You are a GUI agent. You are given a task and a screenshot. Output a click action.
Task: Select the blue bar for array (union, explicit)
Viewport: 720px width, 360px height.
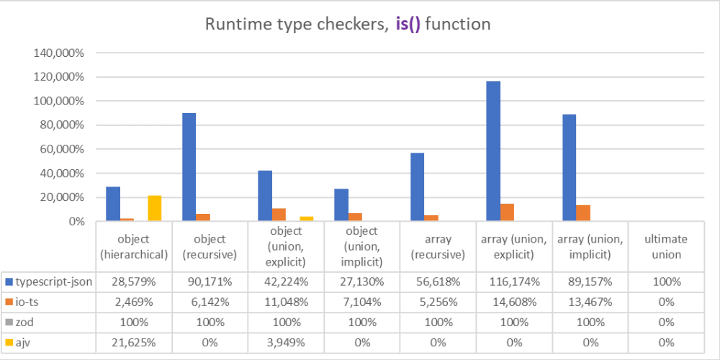click(x=493, y=151)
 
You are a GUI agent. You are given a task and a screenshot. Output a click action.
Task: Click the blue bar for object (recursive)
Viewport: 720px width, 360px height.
click(x=189, y=167)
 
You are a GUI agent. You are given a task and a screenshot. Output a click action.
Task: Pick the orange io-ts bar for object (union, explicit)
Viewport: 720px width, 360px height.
click(x=279, y=215)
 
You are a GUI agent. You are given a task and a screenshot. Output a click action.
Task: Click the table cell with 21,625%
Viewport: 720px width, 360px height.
click(x=134, y=342)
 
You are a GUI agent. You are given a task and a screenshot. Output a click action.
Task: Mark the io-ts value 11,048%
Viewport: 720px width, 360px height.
click(x=286, y=302)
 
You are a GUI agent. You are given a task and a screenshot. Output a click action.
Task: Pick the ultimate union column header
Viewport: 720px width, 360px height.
click(x=665, y=246)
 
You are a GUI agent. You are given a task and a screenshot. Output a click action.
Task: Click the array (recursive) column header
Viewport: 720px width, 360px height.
click(x=438, y=246)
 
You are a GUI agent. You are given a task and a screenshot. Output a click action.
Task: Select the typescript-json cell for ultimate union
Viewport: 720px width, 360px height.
click(x=665, y=282)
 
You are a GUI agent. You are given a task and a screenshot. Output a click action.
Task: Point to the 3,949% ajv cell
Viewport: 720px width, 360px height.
click(x=286, y=342)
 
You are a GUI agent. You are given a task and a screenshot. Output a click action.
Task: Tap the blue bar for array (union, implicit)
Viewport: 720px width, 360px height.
click(x=570, y=168)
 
